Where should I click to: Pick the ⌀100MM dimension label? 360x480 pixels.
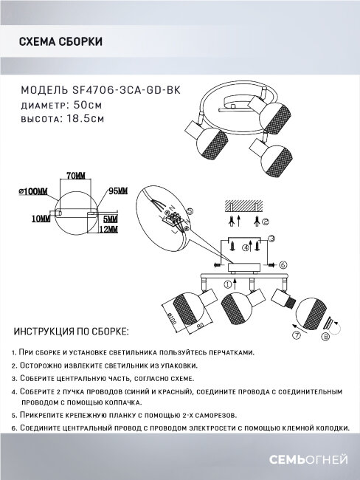click(33, 191)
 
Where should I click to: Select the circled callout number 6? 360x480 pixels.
click(283, 264)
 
